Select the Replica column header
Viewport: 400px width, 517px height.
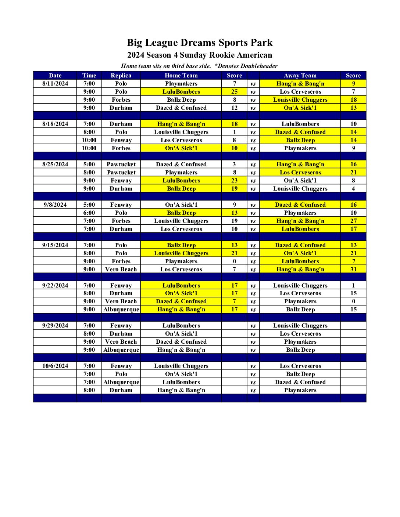121,75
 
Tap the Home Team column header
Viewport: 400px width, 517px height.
181,75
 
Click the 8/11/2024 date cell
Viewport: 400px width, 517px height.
55,83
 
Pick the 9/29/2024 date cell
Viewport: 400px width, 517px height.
55,325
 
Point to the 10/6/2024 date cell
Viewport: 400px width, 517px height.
55,366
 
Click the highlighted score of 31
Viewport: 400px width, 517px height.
353,269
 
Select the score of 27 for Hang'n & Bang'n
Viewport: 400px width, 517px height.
353,221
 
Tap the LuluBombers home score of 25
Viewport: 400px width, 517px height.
235,91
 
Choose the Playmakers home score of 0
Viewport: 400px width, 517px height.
235,261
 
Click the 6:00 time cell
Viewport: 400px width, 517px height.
89,213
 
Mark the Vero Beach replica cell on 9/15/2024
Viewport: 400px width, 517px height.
121,269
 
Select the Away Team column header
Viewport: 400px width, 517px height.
300,75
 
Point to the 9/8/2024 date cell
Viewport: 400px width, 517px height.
55,205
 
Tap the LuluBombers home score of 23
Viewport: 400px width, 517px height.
235,180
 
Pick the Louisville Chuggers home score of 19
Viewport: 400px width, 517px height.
235,221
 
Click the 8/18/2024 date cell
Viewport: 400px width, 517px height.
55,124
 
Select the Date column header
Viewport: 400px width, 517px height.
55,75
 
